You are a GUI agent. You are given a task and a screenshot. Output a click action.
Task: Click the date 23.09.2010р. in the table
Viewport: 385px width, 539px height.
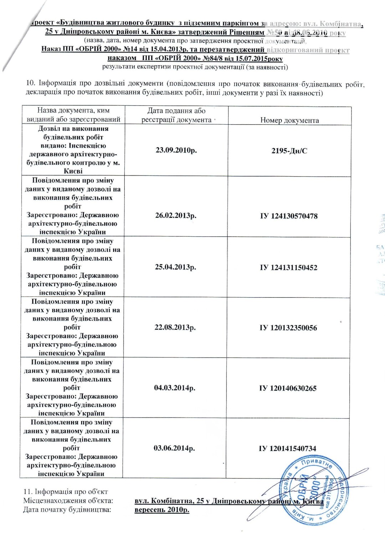(x=176, y=150)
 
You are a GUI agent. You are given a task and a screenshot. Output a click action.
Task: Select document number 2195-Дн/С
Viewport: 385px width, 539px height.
(x=289, y=151)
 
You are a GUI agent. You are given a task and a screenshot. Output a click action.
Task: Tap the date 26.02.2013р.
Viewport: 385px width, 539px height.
(x=176, y=215)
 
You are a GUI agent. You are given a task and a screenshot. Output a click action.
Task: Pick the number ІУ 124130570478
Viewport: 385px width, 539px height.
(x=289, y=216)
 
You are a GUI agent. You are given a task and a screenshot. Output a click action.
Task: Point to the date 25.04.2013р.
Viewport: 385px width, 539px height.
(x=175, y=267)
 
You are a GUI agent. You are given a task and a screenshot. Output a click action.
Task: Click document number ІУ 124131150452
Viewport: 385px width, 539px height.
(x=288, y=267)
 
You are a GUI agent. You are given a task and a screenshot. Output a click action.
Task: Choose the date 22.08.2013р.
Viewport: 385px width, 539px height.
(x=175, y=327)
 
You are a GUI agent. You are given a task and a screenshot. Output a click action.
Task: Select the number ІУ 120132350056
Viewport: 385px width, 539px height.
(x=288, y=328)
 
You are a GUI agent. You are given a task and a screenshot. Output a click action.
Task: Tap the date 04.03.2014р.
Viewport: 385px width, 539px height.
(x=175, y=388)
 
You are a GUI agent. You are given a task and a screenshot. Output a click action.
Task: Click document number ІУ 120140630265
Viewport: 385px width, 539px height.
(x=288, y=388)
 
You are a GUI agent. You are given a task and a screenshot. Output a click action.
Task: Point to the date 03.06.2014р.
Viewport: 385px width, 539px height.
(x=174, y=448)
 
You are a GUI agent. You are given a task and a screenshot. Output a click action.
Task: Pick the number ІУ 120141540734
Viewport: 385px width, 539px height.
(x=287, y=448)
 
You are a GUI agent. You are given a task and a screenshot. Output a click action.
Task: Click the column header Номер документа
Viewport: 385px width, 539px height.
(x=289, y=120)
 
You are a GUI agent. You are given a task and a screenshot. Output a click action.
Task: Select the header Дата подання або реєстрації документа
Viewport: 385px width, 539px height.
(x=176, y=115)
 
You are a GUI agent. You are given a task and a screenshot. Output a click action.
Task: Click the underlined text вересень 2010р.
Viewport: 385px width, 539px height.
(x=162, y=510)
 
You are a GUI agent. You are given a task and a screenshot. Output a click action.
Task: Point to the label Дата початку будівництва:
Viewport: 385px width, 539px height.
(x=67, y=510)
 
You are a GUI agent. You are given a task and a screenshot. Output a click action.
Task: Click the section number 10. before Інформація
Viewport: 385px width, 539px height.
(x=31, y=83)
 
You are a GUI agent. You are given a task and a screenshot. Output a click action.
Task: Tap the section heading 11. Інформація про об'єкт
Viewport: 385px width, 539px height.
(x=65, y=492)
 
